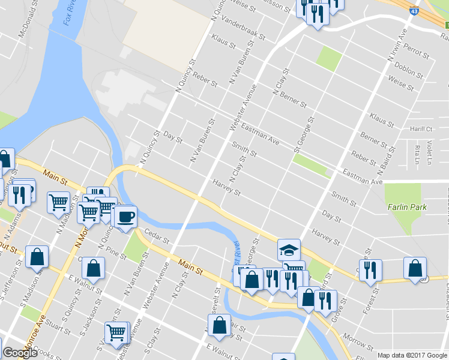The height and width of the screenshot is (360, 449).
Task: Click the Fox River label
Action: tap(70, 13)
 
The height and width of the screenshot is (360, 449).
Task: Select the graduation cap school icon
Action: tap(289, 248)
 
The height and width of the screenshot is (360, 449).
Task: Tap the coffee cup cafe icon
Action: tap(125, 215)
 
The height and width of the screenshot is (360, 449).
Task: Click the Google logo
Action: tap(20, 353)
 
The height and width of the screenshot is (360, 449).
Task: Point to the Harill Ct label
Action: tap(422, 129)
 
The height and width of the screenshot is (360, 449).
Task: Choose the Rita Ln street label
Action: tap(416, 155)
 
